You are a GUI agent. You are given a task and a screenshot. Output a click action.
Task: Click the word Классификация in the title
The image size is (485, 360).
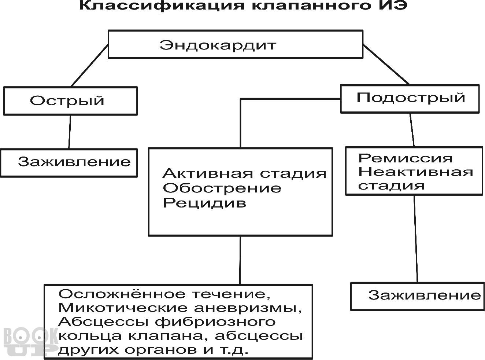[x=162, y=5]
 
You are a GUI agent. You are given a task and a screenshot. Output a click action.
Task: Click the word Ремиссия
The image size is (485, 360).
[x=406, y=158]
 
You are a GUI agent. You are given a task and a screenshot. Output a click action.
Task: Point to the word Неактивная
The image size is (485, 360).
[x=415, y=172]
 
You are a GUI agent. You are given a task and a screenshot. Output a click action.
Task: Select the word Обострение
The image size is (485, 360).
[x=222, y=188]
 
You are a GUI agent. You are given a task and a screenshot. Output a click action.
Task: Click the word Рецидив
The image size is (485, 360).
[x=204, y=203]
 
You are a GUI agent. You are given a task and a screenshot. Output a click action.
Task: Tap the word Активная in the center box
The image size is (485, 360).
[x=208, y=173]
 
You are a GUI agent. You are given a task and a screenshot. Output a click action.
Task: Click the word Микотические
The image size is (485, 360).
[x=123, y=308]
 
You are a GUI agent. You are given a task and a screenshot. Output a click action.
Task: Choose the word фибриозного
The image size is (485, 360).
[x=215, y=322]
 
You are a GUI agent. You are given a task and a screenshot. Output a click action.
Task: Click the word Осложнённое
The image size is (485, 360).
[x=122, y=294]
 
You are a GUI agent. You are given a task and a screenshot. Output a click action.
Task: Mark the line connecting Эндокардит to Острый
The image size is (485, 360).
[x=90, y=66]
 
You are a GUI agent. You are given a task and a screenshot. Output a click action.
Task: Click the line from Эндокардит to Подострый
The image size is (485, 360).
[x=386, y=65]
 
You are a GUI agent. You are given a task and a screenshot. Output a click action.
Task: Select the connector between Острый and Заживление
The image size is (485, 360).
[x=70, y=132]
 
